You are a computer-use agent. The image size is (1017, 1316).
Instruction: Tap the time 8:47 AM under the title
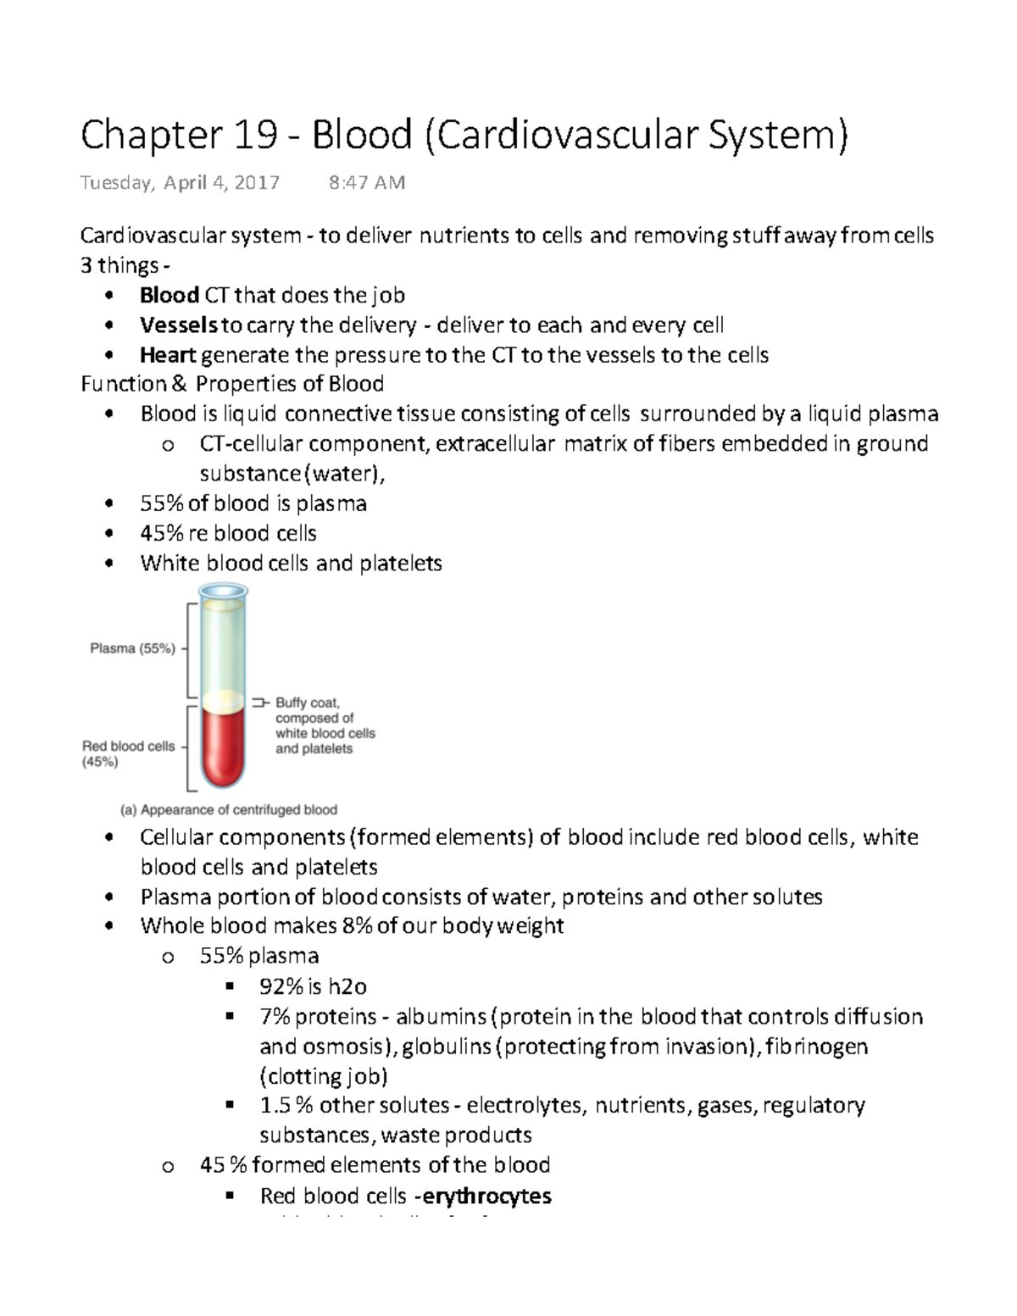point(366,183)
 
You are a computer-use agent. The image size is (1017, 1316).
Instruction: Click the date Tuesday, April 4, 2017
point(179,183)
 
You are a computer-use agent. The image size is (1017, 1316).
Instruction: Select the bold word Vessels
point(179,325)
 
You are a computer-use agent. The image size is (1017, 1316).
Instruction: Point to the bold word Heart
point(168,355)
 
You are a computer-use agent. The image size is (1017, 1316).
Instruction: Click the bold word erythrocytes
point(486,1196)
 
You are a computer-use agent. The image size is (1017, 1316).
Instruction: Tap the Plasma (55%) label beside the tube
point(133,649)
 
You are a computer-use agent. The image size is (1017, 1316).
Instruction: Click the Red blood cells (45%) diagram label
point(128,753)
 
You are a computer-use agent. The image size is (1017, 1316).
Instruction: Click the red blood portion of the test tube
point(222,746)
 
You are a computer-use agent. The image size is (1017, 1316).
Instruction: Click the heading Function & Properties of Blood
point(232,384)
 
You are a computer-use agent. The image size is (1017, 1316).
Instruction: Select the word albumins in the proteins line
point(441,1016)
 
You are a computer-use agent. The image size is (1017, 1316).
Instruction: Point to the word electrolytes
point(525,1106)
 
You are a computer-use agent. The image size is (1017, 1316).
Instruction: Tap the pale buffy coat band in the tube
point(222,700)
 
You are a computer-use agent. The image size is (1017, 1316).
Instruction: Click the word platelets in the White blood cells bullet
point(400,564)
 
